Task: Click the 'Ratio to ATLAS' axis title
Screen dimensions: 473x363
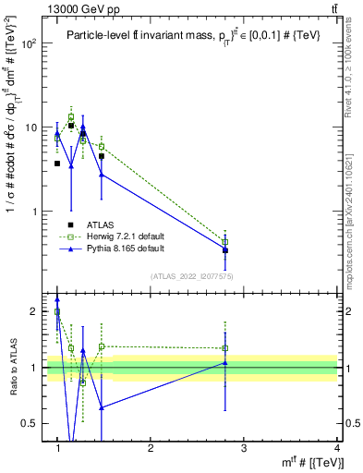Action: (x=13, y=368)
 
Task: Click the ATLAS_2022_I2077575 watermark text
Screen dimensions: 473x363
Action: (x=190, y=276)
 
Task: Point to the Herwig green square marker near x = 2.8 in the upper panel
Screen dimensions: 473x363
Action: (x=225, y=242)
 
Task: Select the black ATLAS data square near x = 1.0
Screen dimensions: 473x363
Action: (x=57, y=164)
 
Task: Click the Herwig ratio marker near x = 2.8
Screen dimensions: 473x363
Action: (x=225, y=348)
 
